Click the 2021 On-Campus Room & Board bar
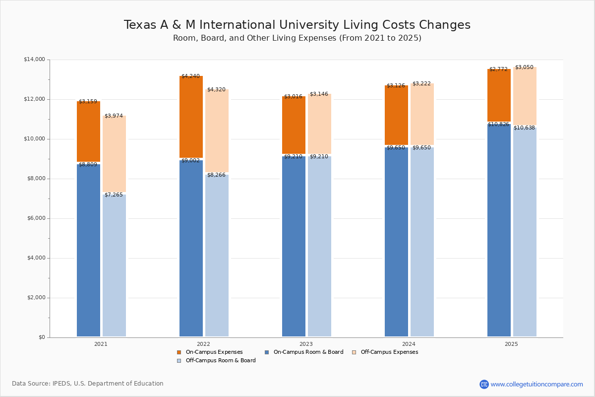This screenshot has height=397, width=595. (x=88, y=251)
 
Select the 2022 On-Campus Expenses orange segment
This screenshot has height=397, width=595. (x=191, y=117)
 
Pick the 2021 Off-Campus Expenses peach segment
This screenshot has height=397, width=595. (x=114, y=154)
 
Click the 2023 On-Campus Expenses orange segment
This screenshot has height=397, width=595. (x=294, y=125)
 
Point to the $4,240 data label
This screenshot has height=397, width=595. (x=190, y=76)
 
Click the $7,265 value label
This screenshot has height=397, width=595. (x=114, y=195)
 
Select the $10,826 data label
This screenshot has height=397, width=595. (x=498, y=125)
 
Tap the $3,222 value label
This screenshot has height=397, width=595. (x=421, y=84)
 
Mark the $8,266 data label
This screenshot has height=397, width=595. (x=216, y=175)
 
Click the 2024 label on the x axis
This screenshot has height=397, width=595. (x=409, y=344)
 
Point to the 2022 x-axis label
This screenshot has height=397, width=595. (x=203, y=344)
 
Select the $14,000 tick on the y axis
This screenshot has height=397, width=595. (x=34, y=60)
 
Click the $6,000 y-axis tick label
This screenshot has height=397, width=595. (x=36, y=218)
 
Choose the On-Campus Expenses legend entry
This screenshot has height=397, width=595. (x=210, y=352)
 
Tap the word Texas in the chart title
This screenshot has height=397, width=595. (x=140, y=25)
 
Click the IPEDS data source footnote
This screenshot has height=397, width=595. (x=88, y=384)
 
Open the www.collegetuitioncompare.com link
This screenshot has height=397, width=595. (x=536, y=384)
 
